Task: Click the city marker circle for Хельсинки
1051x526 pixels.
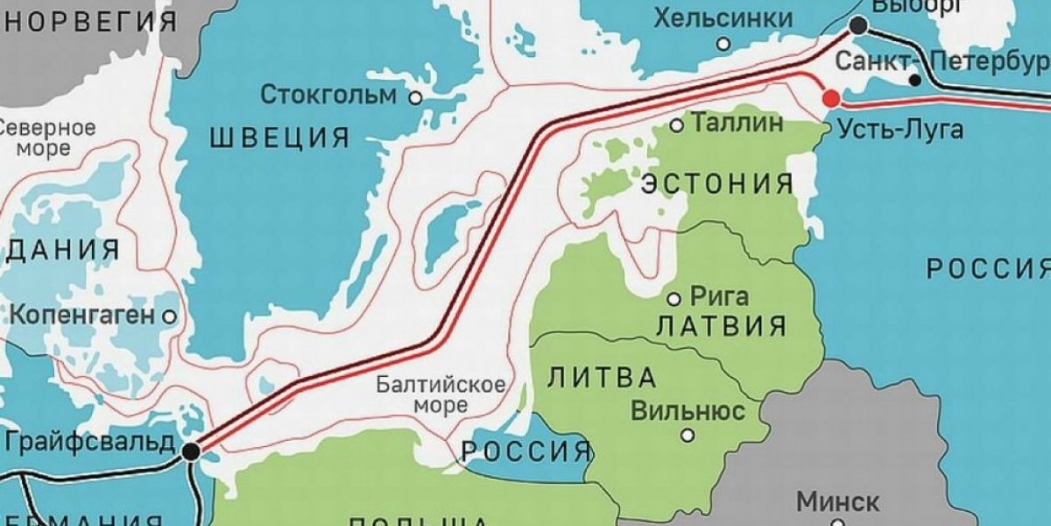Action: [x=723, y=43]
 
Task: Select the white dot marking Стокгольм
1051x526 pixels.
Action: [x=415, y=98]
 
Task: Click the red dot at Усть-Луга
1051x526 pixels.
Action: [x=830, y=98]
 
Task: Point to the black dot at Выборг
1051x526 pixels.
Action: [x=858, y=27]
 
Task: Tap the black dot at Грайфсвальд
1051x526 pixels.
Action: [x=190, y=451]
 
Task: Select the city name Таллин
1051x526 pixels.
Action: [x=737, y=124]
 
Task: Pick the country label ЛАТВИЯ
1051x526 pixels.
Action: [x=721, y=327]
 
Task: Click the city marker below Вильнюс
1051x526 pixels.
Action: [x=688, y=434]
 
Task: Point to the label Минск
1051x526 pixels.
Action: [x=838, y=502]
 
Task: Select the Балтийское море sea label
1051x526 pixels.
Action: [x=441, y=394]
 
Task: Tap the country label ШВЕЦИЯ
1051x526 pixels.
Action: [x=279, y=138]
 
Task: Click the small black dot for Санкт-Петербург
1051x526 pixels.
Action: [x=914, y=80]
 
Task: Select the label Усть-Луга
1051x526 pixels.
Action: [x=900, y=130]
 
